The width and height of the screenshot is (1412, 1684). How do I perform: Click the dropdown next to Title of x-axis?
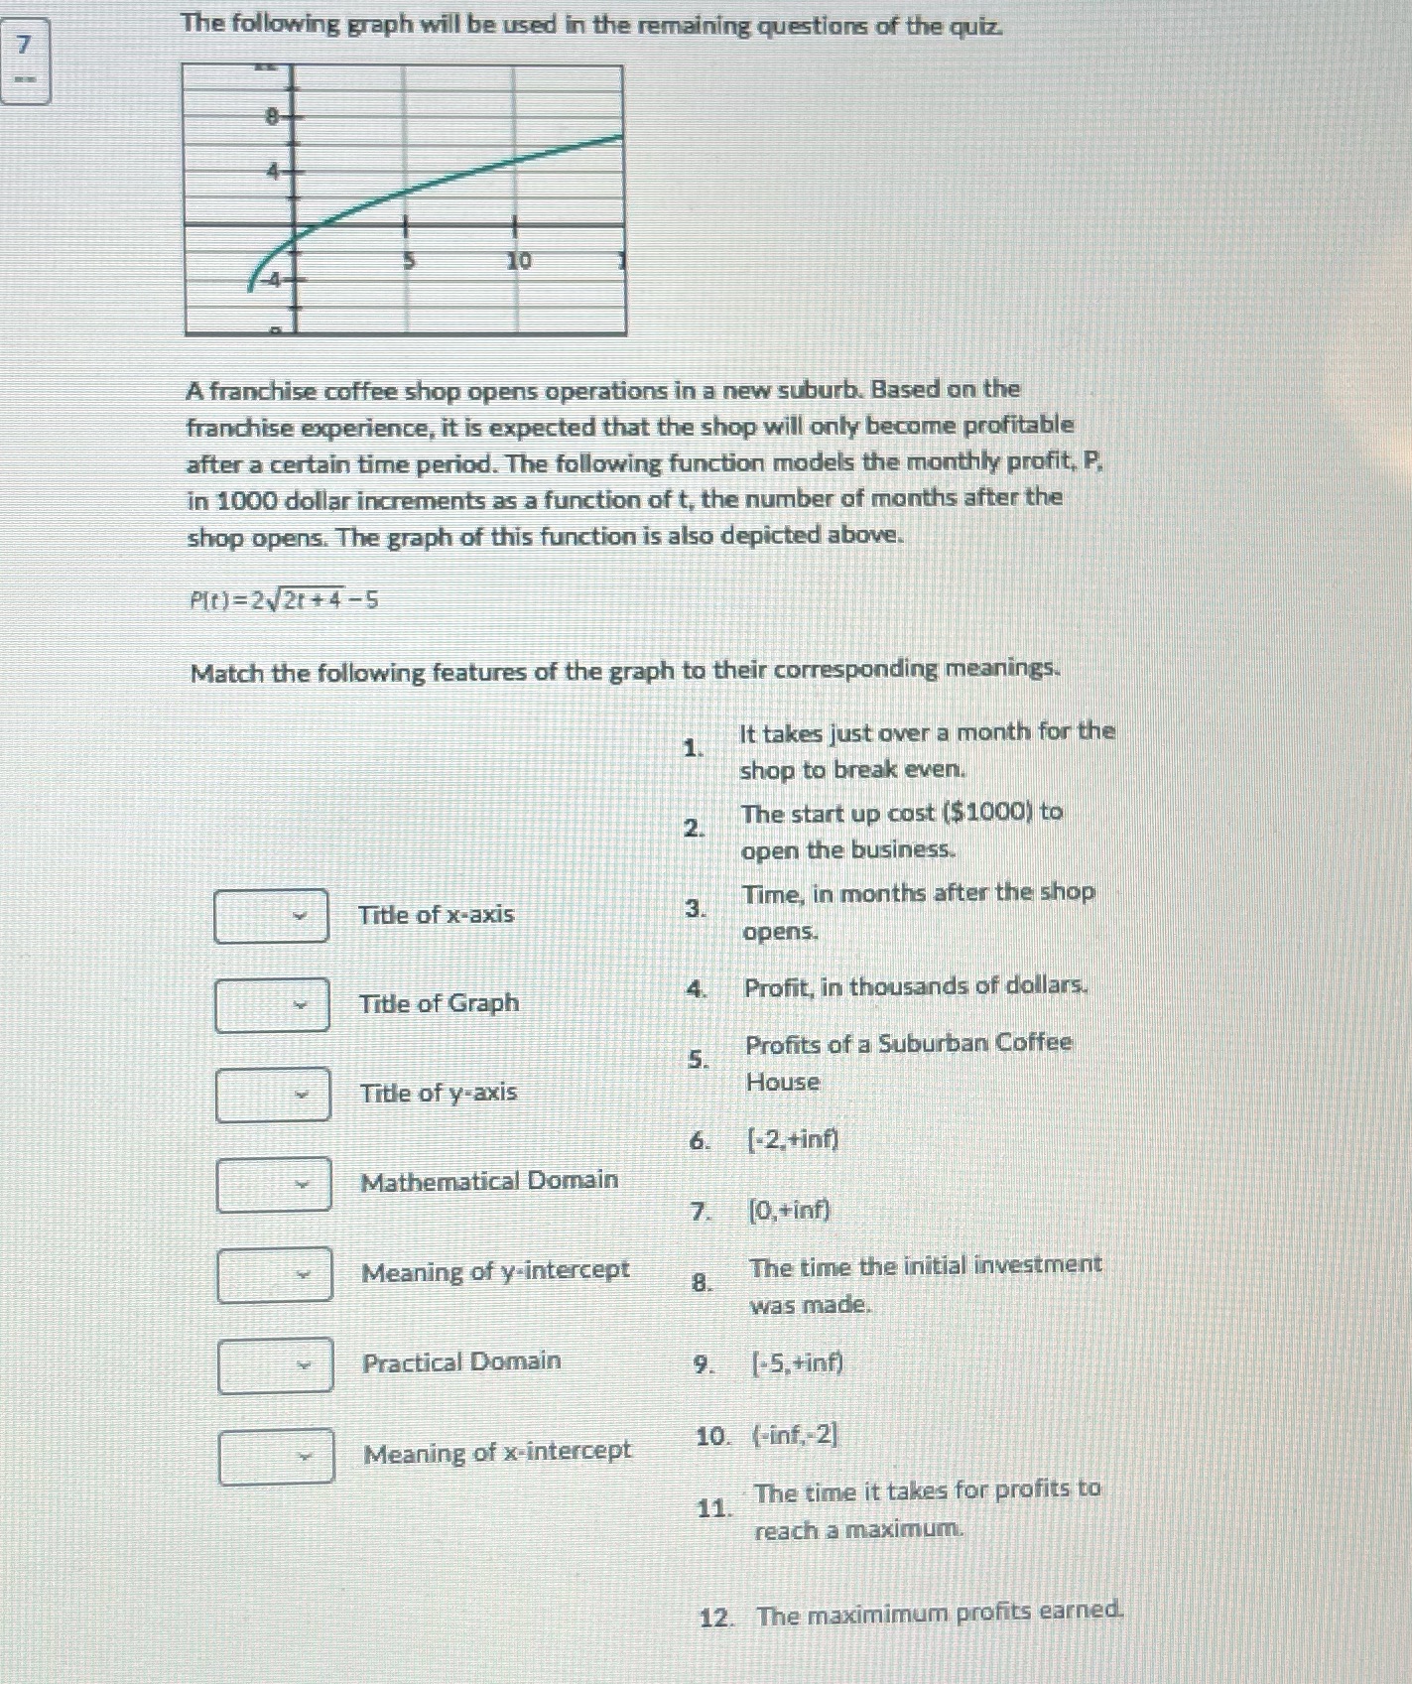[x=271, y=915]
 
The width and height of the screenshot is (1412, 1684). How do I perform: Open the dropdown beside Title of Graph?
[x=272, y=1004]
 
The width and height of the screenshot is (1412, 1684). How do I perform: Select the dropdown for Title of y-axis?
[x=273, y=1094]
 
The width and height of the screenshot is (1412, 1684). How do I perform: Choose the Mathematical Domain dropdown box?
[x=274, y=1184]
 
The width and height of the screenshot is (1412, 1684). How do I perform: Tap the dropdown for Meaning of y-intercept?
[x=275, y=1274]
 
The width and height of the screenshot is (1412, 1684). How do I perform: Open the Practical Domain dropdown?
[x=275, y=1364]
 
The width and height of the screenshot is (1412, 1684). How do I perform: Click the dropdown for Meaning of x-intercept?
[x=276, y=1455]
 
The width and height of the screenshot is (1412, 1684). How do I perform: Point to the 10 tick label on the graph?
[x=519, y=261]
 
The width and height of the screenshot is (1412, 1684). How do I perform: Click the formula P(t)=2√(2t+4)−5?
[x=284, y=599]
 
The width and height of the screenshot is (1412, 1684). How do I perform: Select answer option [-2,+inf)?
[x=792, y=1139]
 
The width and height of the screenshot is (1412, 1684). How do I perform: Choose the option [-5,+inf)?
[x=796, y=1363]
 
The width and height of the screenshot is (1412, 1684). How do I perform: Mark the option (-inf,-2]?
[x=795, y=1435]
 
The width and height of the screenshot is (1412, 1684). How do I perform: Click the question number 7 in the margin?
[x=25, y=45]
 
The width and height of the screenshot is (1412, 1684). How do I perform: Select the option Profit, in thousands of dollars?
[x=916, y=986]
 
